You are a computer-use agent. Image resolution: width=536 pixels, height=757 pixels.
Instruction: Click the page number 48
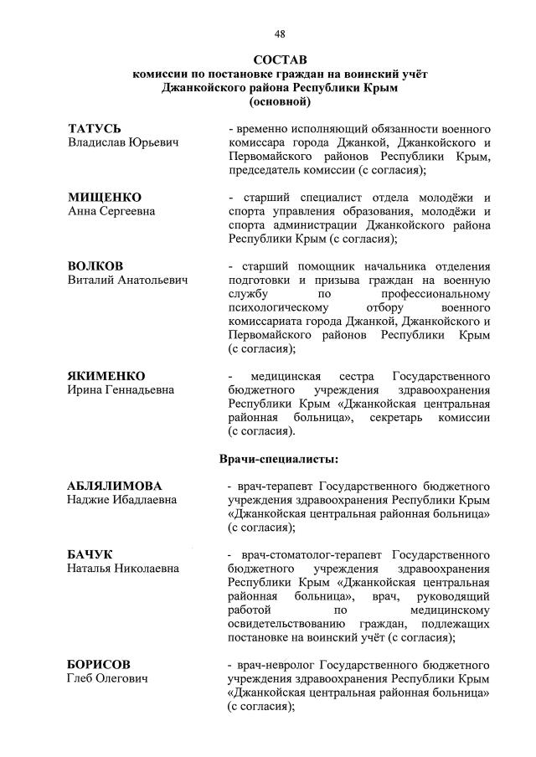tap(280, 33)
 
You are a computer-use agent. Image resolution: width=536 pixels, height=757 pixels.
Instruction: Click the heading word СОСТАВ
tap(280, 60)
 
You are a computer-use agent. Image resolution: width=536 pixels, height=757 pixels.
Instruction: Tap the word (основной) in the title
tap(280, 102)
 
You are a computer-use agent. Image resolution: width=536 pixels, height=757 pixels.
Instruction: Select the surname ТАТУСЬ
tap(95, 129)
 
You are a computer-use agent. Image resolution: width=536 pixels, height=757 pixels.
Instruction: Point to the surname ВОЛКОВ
tap(95, 265)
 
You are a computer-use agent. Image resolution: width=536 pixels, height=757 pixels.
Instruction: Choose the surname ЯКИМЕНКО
tap(106, 375)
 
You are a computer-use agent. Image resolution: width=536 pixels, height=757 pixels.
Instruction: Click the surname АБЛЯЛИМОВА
tap(115, 486)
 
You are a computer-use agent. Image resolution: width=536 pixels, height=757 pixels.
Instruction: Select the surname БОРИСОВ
tap(99, 664)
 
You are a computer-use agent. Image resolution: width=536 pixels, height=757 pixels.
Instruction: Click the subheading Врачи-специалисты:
tap(280, 459)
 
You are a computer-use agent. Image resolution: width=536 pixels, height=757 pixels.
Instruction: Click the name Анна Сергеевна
tap(111, 212)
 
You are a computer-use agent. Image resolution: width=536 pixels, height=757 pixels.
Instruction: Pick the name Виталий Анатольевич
tap(127, 281)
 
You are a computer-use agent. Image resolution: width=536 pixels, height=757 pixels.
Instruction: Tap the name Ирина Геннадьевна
tap(121, 390)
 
